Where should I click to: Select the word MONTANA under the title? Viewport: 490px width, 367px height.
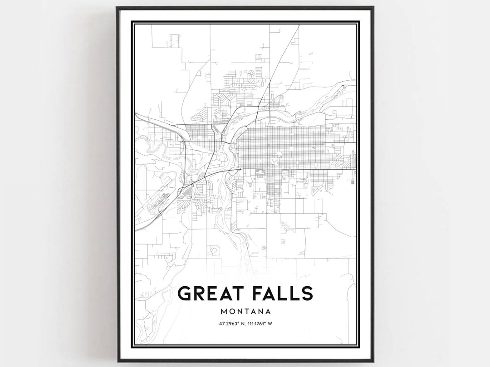click(x=245, y=312)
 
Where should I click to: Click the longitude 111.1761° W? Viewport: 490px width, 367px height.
click(x=259, y=323)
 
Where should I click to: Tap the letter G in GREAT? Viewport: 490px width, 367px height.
click(x=186, y=294)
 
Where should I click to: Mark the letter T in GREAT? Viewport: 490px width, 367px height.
click(x=240, y=294)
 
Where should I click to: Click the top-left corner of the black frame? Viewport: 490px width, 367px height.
click(x=117, y=7)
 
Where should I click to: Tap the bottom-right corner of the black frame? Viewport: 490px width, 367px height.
click(x=374, y=362)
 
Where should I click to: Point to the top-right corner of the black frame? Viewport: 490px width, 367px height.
click(x=374, y=7)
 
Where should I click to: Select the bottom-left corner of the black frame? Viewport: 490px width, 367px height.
click(x=117, y=362)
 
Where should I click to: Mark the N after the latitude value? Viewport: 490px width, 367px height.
click(x=240, y=323)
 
